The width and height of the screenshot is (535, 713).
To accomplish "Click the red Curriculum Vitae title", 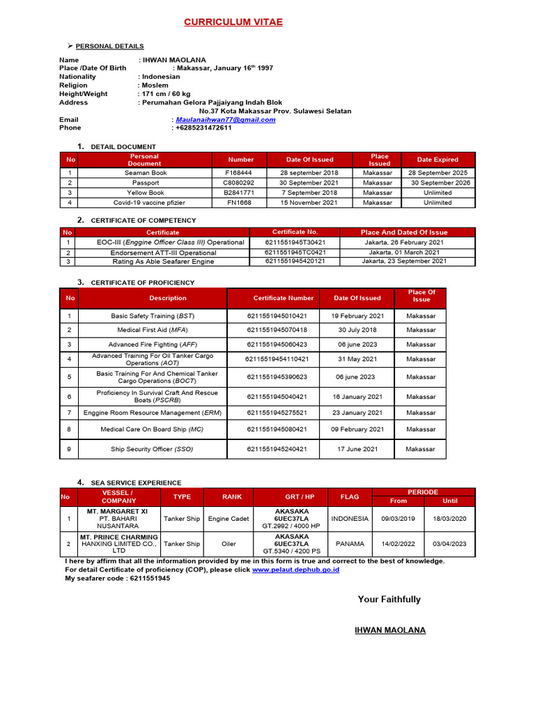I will [x=233, y=22].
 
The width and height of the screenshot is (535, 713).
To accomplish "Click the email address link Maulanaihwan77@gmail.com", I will [x=225, y=120].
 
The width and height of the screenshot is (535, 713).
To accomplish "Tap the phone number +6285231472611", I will [x=203, y=128].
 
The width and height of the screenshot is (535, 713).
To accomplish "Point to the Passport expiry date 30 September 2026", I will [x=440, y=183].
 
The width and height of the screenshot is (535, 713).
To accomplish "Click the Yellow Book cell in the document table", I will [x=145, y=193].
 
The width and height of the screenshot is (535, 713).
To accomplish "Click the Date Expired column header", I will [x=437, y=159].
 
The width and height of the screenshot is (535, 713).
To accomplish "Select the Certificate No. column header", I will [x=295, y=232].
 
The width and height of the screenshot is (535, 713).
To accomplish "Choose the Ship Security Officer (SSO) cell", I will [x=152, y=449].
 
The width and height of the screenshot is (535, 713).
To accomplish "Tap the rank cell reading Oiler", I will [x=228, y=544].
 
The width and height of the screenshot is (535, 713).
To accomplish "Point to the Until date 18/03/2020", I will [x=450, y=519].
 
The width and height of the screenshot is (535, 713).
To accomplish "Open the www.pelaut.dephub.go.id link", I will [x=295, y=570].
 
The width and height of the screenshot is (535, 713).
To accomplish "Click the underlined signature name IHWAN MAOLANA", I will [x=390, y=630].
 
